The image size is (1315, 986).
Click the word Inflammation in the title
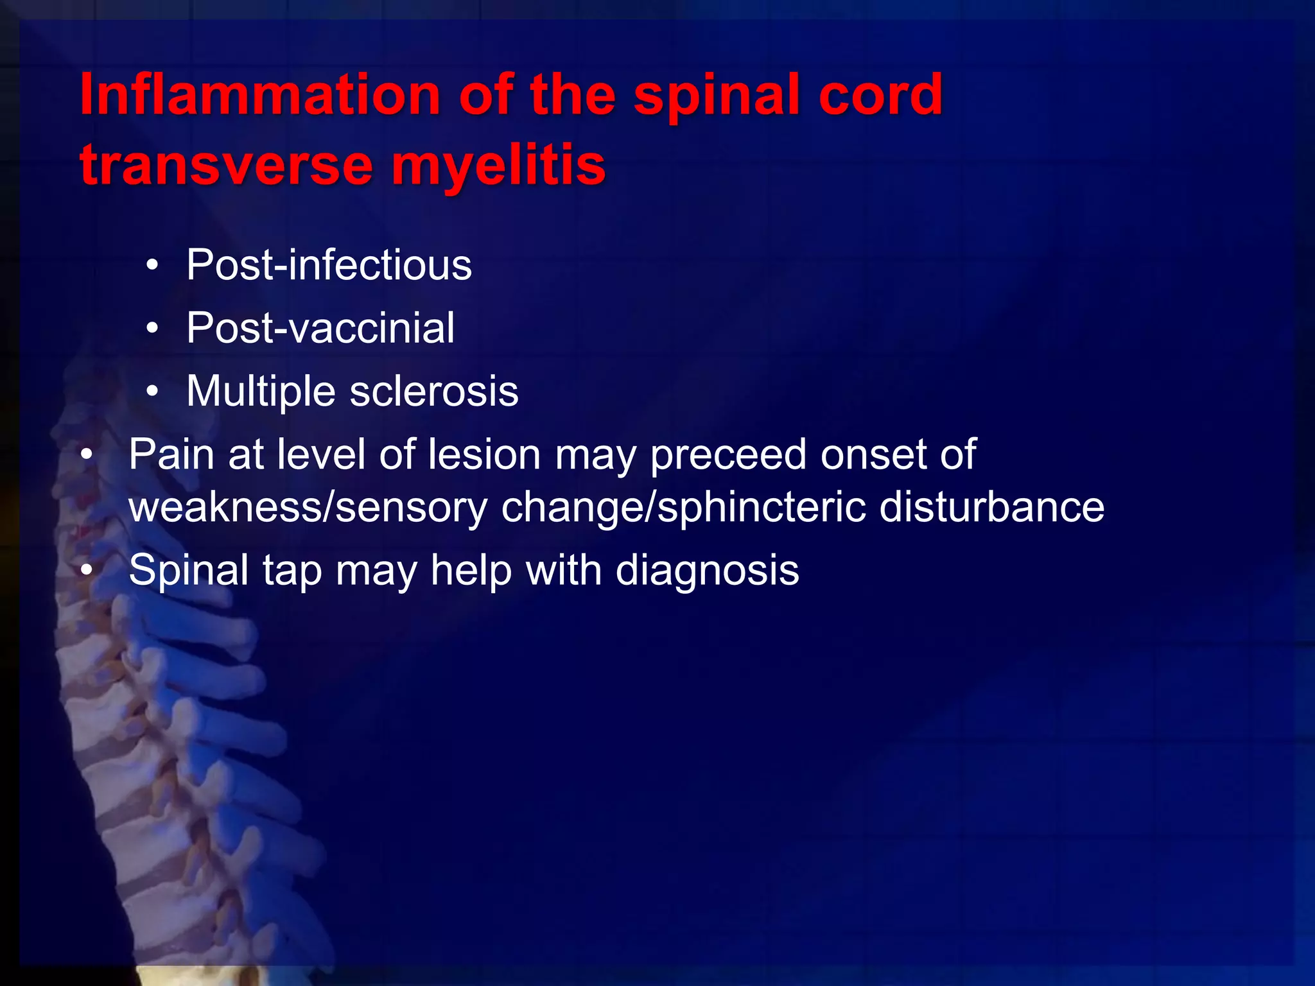(x=259, y=95)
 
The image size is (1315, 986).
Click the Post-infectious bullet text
(x=329, y=264)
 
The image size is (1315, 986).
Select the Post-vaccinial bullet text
(x=320, y=328)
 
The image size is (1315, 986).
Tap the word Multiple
(x=261, y=392)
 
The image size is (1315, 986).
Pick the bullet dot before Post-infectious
(x=152, y=265)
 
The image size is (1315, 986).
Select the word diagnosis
(x=707, y=570)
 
